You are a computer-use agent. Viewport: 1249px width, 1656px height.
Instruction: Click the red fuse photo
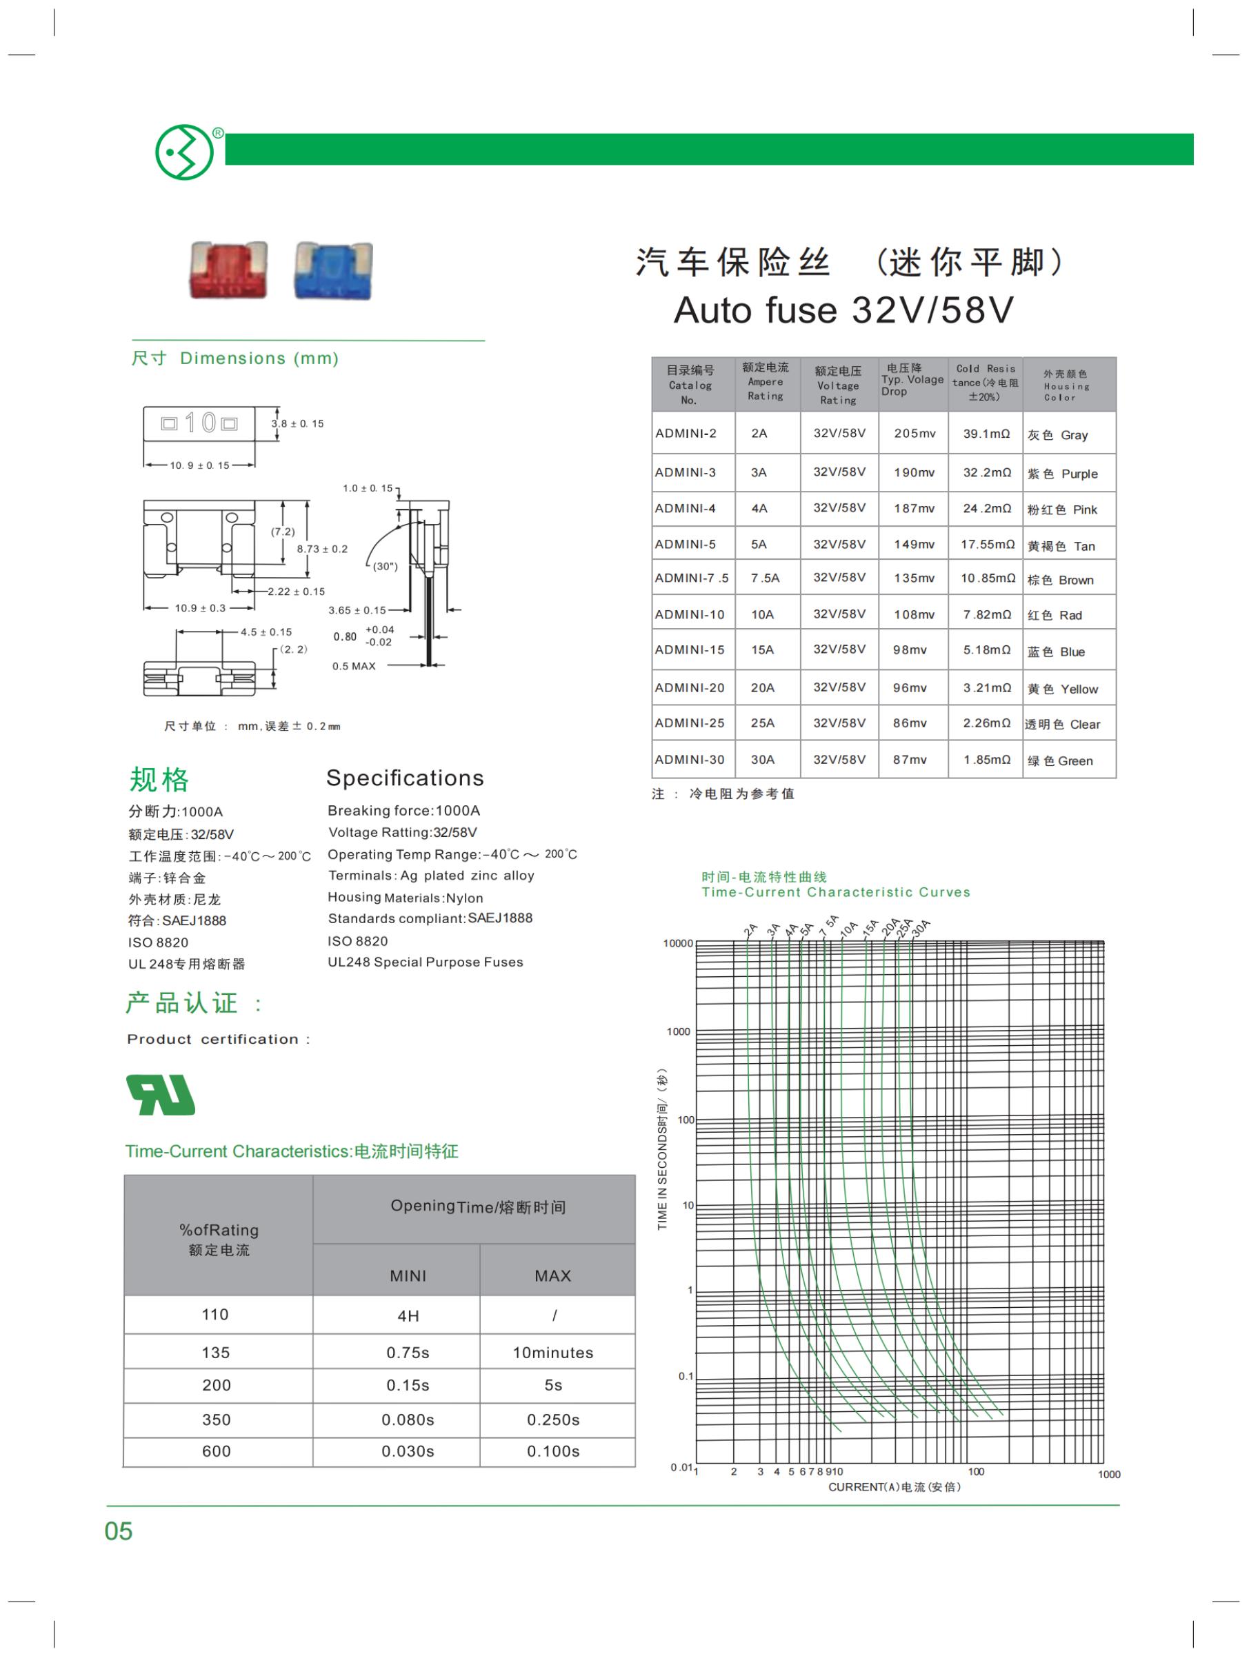(228, 270)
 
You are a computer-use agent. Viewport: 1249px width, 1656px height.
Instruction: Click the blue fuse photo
(333, 270)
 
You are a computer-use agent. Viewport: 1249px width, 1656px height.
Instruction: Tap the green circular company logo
(183, 152)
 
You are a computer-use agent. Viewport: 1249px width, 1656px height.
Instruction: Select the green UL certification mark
(161, 1095)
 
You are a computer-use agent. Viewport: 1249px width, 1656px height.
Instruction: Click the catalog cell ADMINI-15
(690, 650)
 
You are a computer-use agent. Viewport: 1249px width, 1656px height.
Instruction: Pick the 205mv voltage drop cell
(915, 434)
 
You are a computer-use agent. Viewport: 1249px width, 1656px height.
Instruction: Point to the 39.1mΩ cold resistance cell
(986, 434)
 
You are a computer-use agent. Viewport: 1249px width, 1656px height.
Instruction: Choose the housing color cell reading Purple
(1063, 474)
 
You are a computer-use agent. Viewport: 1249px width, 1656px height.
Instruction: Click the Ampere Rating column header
(766, 382)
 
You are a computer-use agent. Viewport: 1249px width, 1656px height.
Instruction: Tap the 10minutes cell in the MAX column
(552, 1353)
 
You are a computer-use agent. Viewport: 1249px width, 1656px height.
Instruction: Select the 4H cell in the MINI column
(408, 1316)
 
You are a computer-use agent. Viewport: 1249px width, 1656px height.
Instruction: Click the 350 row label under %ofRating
(217, 1420)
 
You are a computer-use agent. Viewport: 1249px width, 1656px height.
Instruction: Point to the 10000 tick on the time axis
(679, 943)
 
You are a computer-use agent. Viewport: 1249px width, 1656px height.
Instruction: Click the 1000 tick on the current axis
(1109, 1474)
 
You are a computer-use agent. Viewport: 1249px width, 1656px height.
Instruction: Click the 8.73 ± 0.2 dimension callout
(322, 549)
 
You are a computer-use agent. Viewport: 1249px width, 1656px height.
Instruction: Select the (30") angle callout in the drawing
(385, 566)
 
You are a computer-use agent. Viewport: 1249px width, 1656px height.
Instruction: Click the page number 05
(119, 1532)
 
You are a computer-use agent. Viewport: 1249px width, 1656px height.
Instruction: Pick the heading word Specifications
(405, 778)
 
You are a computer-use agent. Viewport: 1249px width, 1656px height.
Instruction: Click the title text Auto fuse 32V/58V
(843, 310)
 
